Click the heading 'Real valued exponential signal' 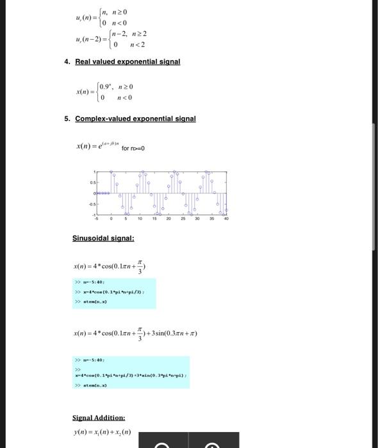click(x=127, y=61)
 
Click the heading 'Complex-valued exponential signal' click(x=135, y=118)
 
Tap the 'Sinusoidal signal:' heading click(x=103, y=238)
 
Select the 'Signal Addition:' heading click(x=99, y=417)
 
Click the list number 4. click(x=67, y=61)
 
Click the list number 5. click(x=67, y=118)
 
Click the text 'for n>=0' click(x=133, y=148)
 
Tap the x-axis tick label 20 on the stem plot click(x=168, y=218)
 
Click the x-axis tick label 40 click(x=226, y=218)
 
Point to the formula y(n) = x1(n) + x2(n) click(x=103, y=432)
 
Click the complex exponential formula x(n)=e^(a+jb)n click(x=97, y=147)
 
